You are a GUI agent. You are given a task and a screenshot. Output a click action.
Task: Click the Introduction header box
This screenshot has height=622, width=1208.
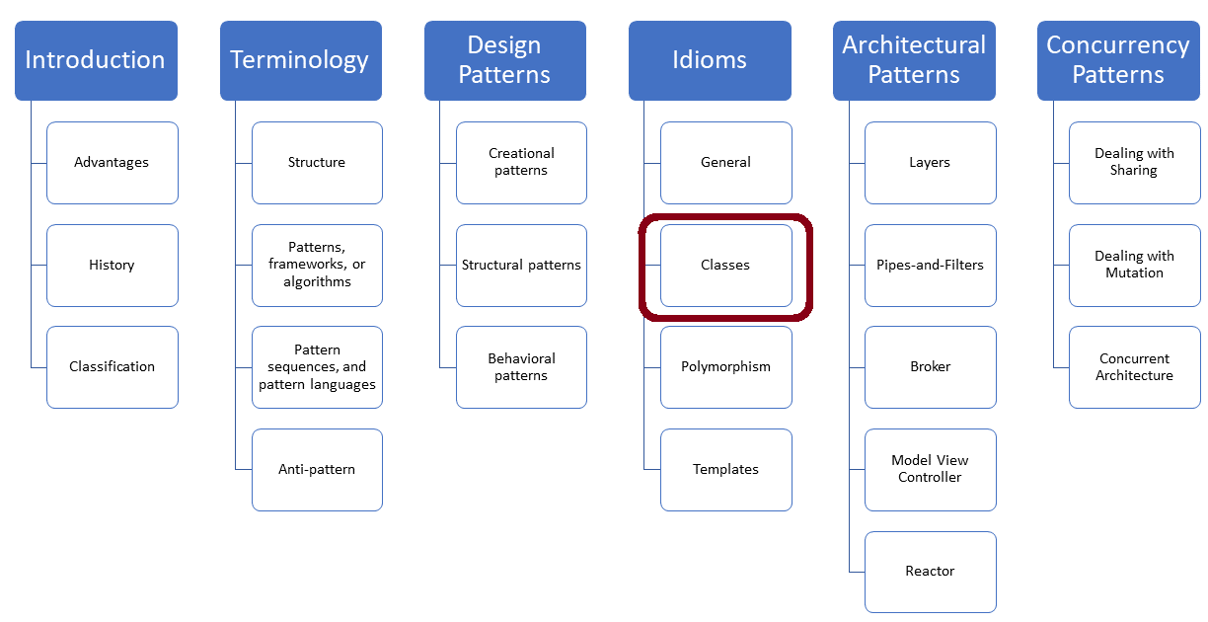[x=96, y=60]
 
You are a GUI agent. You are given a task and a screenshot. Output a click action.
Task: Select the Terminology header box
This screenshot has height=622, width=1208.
[x=300, y=60]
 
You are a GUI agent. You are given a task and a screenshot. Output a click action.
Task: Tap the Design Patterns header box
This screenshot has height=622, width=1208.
[x=504, y=60]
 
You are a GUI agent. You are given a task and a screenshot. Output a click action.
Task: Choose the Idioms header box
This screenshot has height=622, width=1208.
[x=710, y=60]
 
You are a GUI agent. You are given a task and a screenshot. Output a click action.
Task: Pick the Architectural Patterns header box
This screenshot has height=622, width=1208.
[x=914, y=60]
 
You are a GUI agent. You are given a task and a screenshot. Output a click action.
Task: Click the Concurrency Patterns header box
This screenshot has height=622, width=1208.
[x=1118, y=60]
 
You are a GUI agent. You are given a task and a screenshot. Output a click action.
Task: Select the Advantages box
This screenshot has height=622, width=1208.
[x=113, y=163]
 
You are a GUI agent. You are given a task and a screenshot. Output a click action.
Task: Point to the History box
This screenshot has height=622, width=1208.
[x=113, y=266]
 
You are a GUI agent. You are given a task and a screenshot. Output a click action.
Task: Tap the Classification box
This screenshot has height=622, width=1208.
[x=113, y=367]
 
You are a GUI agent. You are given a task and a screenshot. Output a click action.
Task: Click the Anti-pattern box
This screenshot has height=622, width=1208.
[x=317, y=470]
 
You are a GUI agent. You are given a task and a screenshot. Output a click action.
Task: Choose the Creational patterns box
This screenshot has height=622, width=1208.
[x=521, y=163]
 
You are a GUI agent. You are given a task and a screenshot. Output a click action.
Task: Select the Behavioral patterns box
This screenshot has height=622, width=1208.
[x=521, y=367]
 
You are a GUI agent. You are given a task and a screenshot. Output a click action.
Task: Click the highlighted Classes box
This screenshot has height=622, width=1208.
[x=725, y=266]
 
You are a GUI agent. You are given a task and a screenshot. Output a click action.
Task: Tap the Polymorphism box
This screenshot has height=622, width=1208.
[x=725, y=367]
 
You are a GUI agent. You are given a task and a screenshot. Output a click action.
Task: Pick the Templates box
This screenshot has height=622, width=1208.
[x=725, y=470]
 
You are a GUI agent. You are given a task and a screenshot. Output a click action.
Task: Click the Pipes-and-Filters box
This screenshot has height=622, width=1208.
[x=931, y=266]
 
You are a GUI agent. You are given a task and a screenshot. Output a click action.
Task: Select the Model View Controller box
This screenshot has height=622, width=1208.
[x=931, y=470]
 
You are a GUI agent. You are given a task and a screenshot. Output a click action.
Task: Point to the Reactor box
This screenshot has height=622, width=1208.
[x=931, y=572]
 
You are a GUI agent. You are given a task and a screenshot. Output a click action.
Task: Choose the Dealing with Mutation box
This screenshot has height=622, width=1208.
[x=1135, y=266]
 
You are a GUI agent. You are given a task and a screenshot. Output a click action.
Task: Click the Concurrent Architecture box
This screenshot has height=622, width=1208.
[x=1135, y=367]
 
